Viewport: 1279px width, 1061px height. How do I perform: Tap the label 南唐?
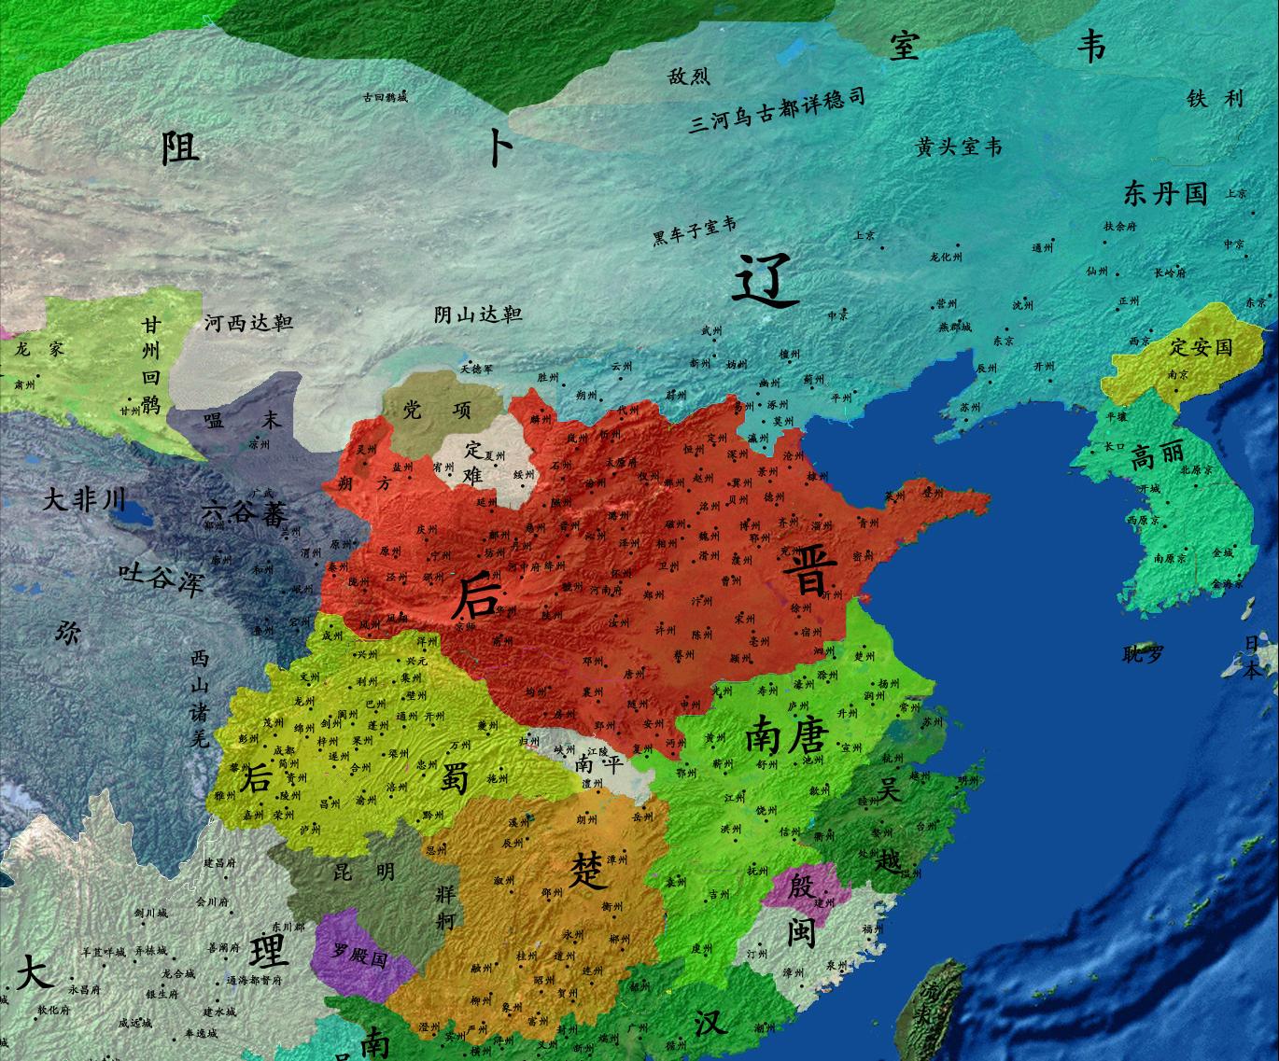(785, 738)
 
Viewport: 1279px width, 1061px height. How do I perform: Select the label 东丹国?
(1165, 194)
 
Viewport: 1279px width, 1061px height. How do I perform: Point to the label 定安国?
(1201, 347)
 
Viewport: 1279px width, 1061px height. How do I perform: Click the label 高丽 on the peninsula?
(1157, 457)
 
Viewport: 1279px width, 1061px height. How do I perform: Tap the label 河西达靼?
(248, 323)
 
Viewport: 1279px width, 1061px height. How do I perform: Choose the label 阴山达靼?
(477, 314)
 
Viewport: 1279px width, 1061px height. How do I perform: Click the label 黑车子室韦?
(694, 231)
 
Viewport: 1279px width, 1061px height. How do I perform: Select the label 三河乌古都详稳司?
(777, 111)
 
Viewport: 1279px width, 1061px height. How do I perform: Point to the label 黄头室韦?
(959, 147)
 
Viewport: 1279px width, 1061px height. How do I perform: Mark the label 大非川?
(84, 500)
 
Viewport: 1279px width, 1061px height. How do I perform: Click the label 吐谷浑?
(161, 579)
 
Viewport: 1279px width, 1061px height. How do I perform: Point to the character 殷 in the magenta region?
(800, 886)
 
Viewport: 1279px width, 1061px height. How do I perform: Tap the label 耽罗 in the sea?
(1143, 654)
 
